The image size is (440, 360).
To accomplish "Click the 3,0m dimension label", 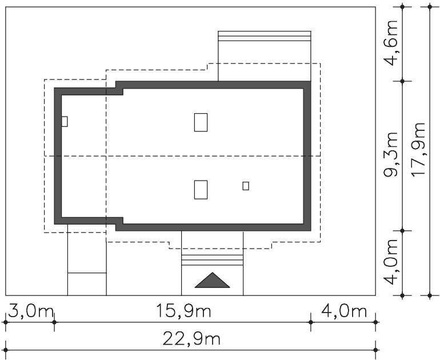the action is [x=31, y=311].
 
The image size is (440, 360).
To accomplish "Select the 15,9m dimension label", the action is [x=183, y=311].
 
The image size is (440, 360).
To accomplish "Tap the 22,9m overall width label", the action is [x=191, y=339].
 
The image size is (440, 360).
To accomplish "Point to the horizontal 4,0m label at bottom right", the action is [x=344, y=311].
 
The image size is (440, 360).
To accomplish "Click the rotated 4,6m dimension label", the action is [x=391, y=43].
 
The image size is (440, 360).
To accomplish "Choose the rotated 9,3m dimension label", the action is [x=391, y=154].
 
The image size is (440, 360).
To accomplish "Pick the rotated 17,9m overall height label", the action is [x=418, y=149].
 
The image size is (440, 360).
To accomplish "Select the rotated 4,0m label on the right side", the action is [x=391, y=262].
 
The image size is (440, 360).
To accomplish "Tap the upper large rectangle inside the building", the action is [x=201, y=122].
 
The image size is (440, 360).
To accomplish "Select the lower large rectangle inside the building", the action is [x=201, y=190].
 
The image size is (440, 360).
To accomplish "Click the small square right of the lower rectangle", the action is [x=246, y=186].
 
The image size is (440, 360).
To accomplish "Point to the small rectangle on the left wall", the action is [x=65, y=122].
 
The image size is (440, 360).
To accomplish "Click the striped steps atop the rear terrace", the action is [x=265, y=36].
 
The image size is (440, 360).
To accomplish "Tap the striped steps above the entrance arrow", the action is [x=213, y=260].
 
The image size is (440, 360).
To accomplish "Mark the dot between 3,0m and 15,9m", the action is [x=54, y=322].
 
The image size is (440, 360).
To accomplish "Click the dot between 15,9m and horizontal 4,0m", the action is [x=311, y=322].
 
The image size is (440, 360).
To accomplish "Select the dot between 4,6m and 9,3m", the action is [x=402, y=81].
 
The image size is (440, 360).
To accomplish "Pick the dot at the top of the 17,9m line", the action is [x=430, y=7].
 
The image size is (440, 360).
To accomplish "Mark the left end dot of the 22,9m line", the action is [x=6, y=350].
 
